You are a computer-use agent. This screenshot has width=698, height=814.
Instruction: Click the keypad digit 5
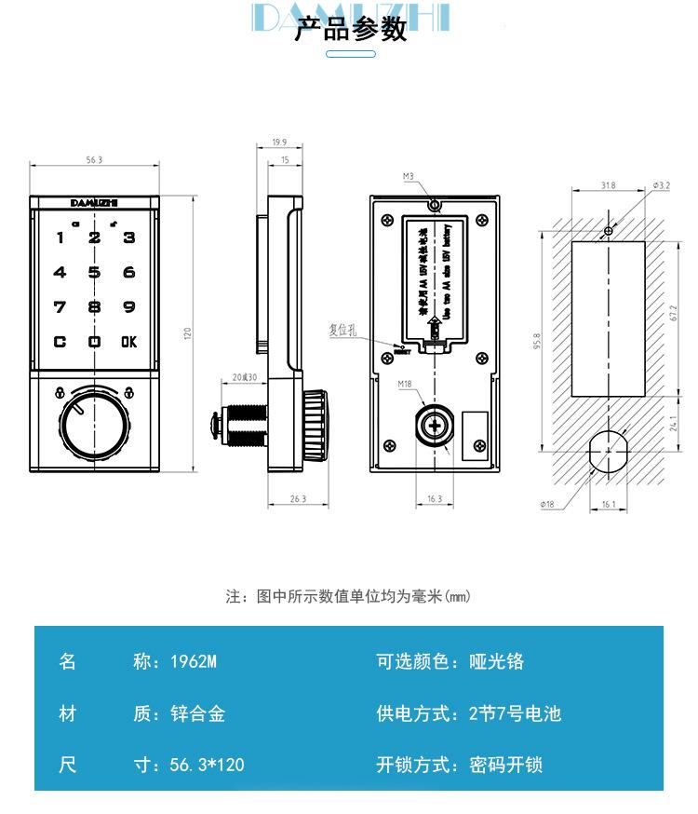pyautogui.click(x=94, y=273)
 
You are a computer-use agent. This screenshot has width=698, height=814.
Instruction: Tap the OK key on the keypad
pyautogui.click(x=128, y=342)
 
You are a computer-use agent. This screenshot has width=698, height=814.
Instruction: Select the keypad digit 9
pyautogui.click(x=128, y=307)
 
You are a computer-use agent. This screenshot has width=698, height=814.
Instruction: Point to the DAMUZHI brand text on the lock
pyautogui.click(x=94, y=200)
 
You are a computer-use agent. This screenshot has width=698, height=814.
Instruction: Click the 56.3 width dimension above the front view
pyautogui.click(x=94, y=160)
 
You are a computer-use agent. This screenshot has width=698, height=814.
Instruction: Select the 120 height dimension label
pyautogui.click(x=187, y=332)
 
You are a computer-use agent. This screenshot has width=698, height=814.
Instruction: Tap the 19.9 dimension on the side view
pyautogui.click(x=279, y=142)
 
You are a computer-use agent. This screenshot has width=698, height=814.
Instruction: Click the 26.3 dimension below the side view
pyautogui.click(x=298, y=499)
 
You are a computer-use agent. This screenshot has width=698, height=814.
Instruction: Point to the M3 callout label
pyautogui.click(x=408, y=176)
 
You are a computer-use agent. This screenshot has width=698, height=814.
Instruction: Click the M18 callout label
pyautogui.click(x=405, y=384)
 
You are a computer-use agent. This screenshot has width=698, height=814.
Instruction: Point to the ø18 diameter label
pyautogui.click(x=546, y=504)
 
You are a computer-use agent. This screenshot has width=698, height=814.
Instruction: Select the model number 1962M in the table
pyautogui.click(x=194, y=662)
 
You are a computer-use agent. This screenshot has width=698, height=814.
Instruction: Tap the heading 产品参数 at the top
pyautogui.click(x=350, y=30)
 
